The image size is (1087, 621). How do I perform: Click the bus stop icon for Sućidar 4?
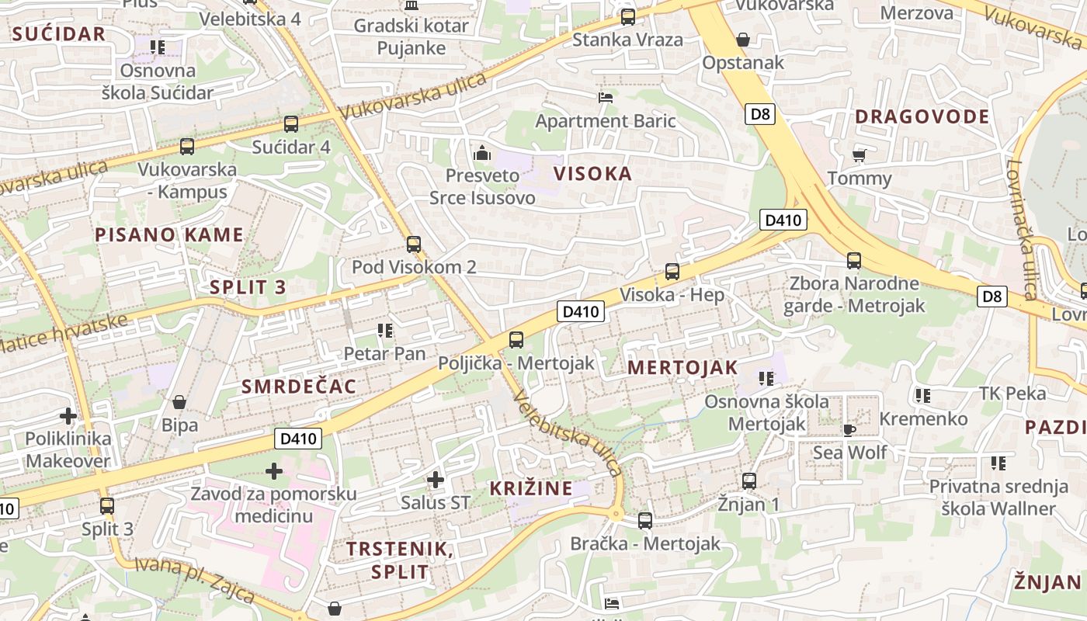[291, 123]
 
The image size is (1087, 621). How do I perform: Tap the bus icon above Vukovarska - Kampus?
[187, 146]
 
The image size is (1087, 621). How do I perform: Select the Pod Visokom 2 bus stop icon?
[414, 244]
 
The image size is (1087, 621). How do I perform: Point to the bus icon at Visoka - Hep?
[672, 272]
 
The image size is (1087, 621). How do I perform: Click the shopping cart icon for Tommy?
[860, 155]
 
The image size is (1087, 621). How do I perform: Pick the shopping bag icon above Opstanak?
[743, 39]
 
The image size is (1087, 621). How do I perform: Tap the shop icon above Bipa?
[179, 401]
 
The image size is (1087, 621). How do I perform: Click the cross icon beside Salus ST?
[436, 480]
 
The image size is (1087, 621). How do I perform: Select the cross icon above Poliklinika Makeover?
[68, 415]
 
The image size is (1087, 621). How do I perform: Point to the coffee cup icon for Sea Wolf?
[849, 429]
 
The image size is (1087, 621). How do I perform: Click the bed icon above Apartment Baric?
[606, 98]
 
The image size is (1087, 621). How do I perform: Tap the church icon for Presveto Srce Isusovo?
[482, 153]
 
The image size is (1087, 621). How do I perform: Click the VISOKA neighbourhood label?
[592, 174]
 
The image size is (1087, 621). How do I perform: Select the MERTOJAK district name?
[682, 368]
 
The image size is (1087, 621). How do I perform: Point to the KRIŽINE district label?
[531, 488]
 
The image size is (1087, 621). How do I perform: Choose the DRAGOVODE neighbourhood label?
[922, 117]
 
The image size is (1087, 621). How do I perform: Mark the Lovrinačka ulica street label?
[1023, 229]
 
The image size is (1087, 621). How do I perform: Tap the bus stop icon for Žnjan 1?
[749, 480]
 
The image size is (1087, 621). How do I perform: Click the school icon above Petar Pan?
[385, 331]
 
